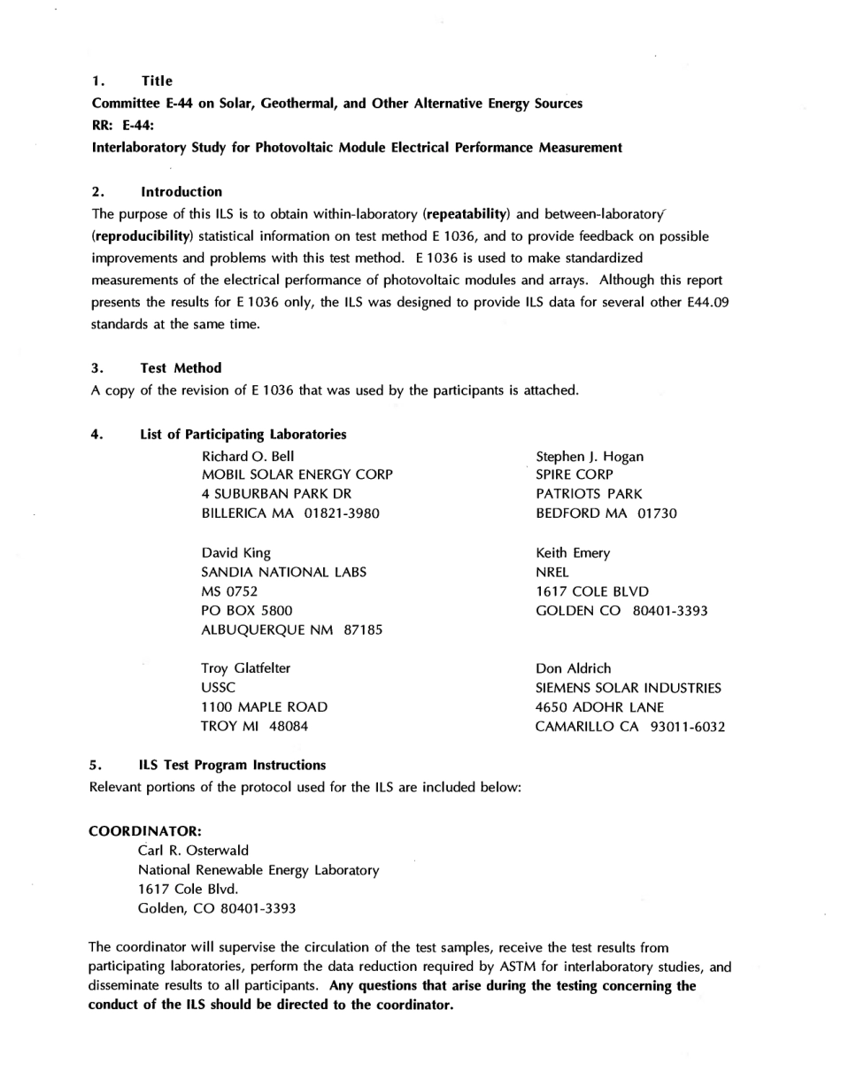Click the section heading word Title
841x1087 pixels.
coord(157,81)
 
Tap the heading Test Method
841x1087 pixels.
coord(181,368)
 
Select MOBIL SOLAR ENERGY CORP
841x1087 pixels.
coord(297,475)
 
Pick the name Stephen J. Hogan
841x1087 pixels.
coord(590,457)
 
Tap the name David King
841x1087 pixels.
coord(236,553)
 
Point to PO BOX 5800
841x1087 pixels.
coord(247,611)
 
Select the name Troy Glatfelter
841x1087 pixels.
coord(246,668)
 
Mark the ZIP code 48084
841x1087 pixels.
coord(289,727)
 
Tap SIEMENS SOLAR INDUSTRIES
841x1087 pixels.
coord(629,688)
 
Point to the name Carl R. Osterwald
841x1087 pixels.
coord(193,851)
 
